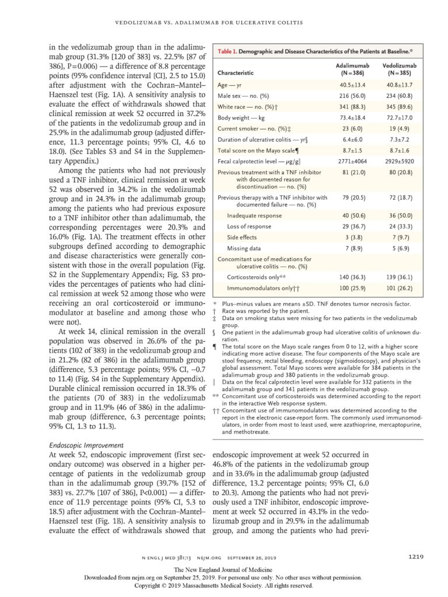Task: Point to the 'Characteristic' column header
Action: (x=236, y=73)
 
